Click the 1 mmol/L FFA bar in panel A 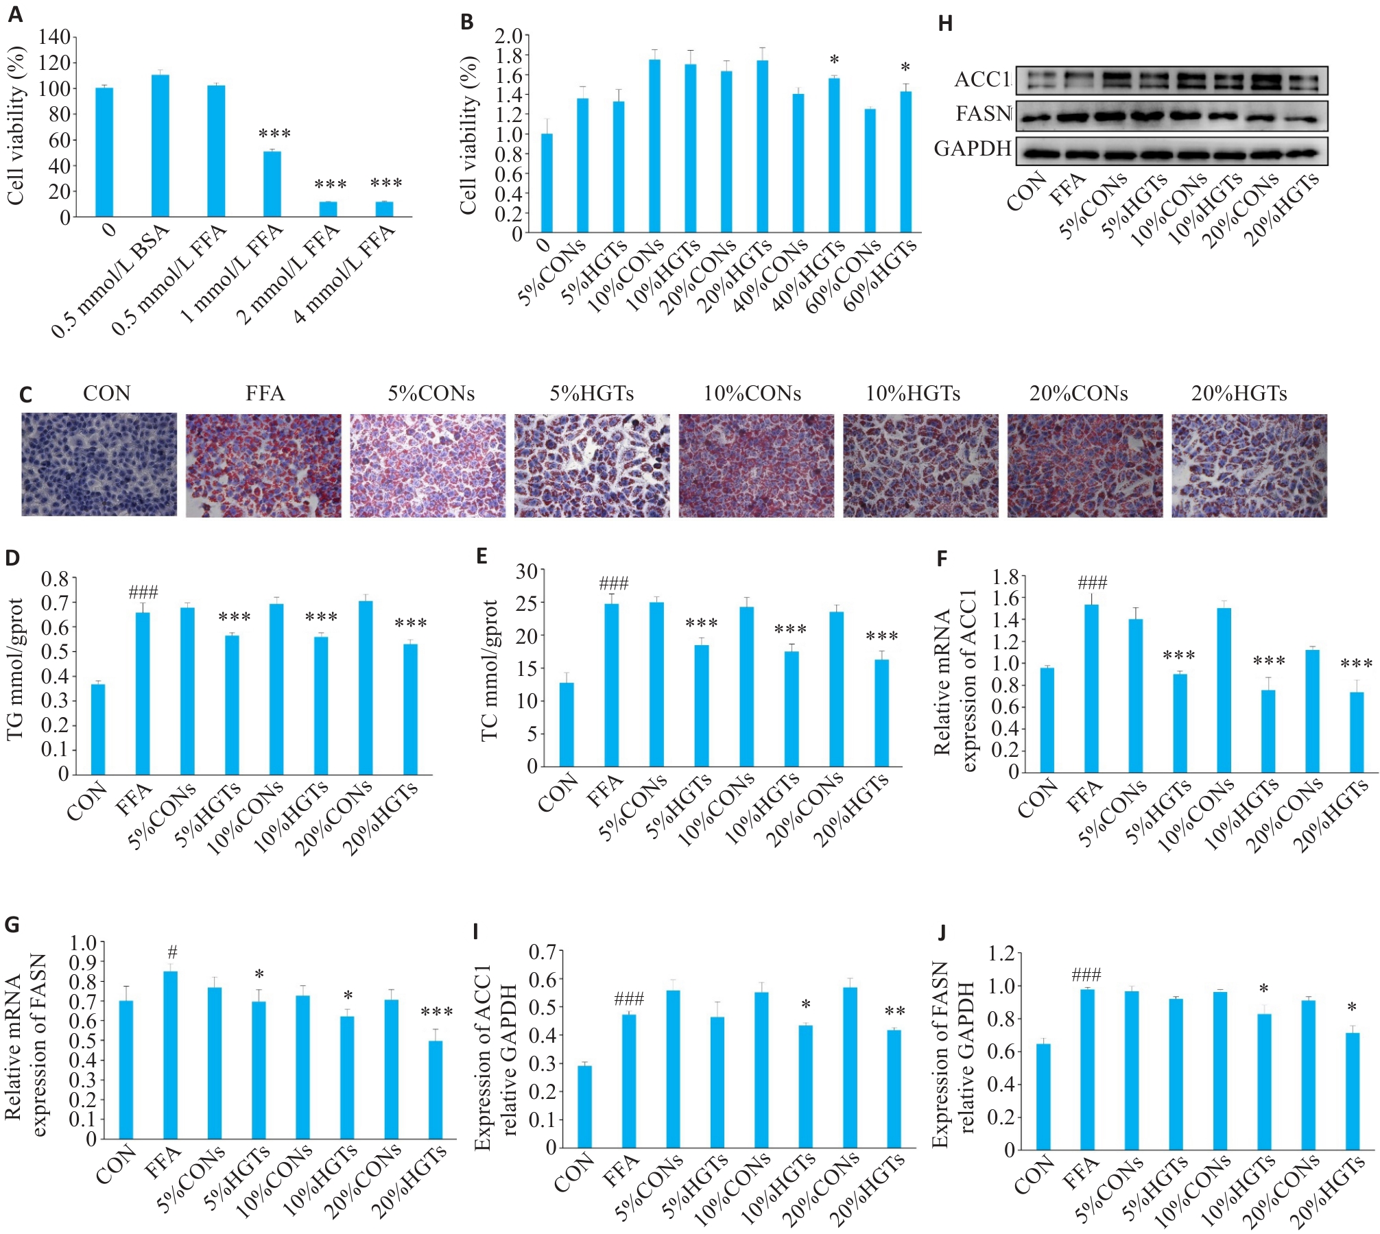272,184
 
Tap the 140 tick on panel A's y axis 55,37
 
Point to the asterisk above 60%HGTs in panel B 905,68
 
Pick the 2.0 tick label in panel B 508,35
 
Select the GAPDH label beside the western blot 973,148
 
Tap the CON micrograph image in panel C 99,464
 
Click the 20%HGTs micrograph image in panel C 1249,464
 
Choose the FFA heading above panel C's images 265,394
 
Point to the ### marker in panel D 143,592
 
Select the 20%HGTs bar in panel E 881,713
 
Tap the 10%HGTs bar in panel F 1268,731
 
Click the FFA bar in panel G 171,1055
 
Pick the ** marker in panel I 895,1011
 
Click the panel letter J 942,932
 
